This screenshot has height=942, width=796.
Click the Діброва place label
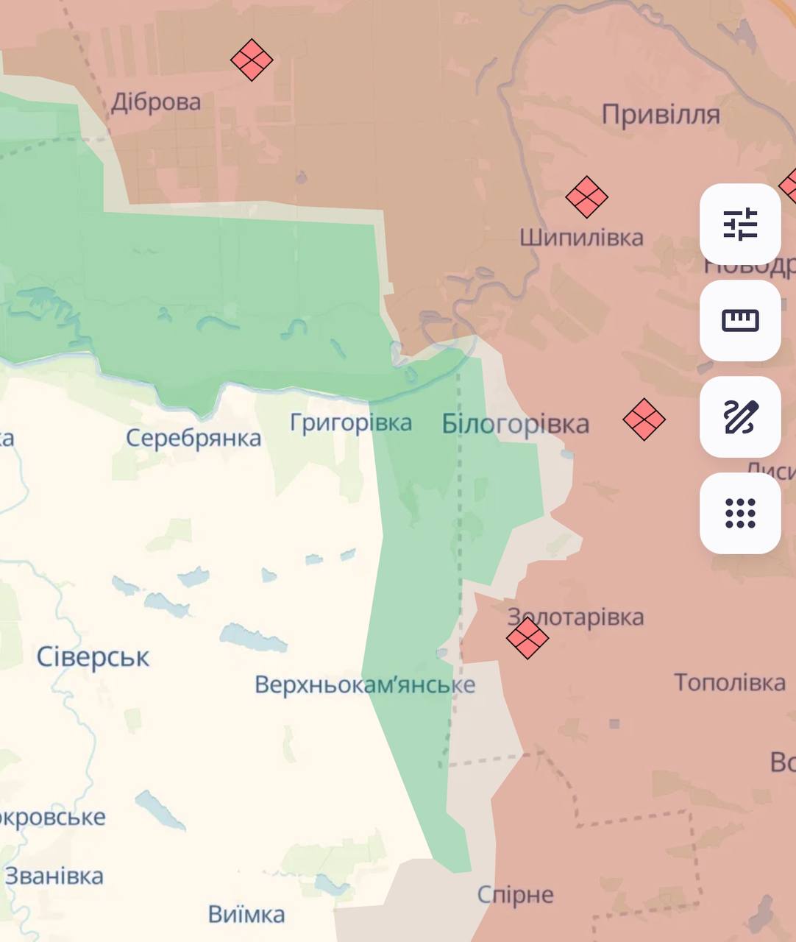point(156,102)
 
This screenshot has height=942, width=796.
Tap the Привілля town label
point(661,114)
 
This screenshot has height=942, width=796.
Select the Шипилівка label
point(581,237)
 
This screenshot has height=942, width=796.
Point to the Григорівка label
point(350,422)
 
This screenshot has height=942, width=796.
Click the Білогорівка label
point(515,424)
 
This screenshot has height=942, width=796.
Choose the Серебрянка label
point(193,438)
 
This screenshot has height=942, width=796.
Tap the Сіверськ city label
point(93,656)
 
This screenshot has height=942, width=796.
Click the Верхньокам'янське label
point(365,684)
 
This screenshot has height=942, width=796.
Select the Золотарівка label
point(576,617)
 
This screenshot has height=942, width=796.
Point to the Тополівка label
point(730,682)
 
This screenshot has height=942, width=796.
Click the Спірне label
point(515,895)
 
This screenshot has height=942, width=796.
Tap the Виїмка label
point(246,914)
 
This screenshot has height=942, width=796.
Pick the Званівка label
point(54,876)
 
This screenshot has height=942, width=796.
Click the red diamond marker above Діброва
point(252,60)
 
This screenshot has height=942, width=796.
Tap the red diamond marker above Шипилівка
point(586,196)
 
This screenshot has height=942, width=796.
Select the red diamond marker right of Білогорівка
point(644,419)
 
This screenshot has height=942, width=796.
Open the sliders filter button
point(740,224)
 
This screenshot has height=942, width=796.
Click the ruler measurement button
point(740,320)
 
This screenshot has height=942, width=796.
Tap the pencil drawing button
point(740,417)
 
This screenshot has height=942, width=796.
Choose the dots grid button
point(740,513)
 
